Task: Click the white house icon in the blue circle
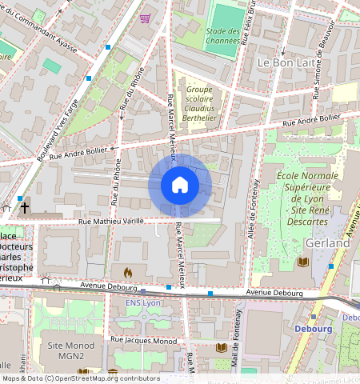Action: point(180,186)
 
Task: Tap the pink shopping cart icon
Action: point(145,18)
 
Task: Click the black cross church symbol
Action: point(25,207)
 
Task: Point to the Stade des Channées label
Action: point(222,36)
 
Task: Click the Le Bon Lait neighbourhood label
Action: point(284,62)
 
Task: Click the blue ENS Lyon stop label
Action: point(144,303)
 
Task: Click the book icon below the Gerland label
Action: point(302,262)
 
